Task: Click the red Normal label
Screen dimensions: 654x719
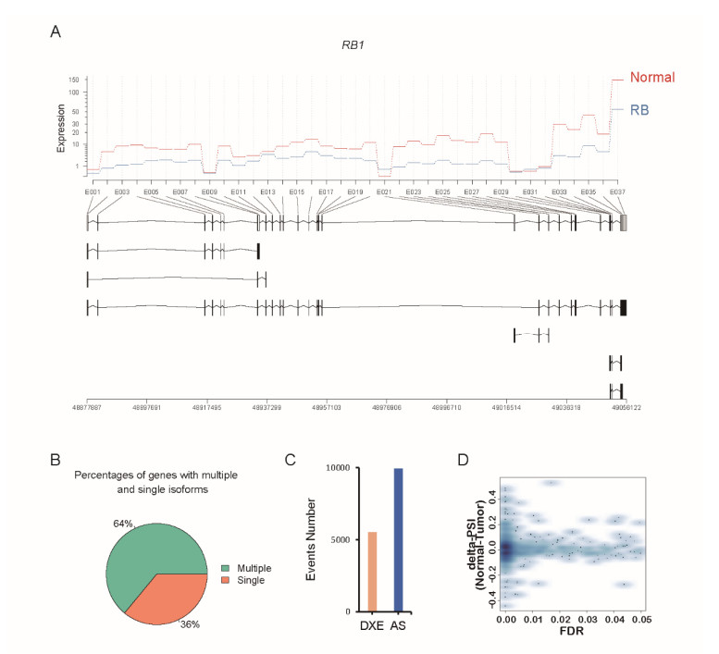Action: click(652, 77)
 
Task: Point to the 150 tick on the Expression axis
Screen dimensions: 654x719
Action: click(73, 80)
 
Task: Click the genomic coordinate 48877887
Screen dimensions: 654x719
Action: click(87, 404)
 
